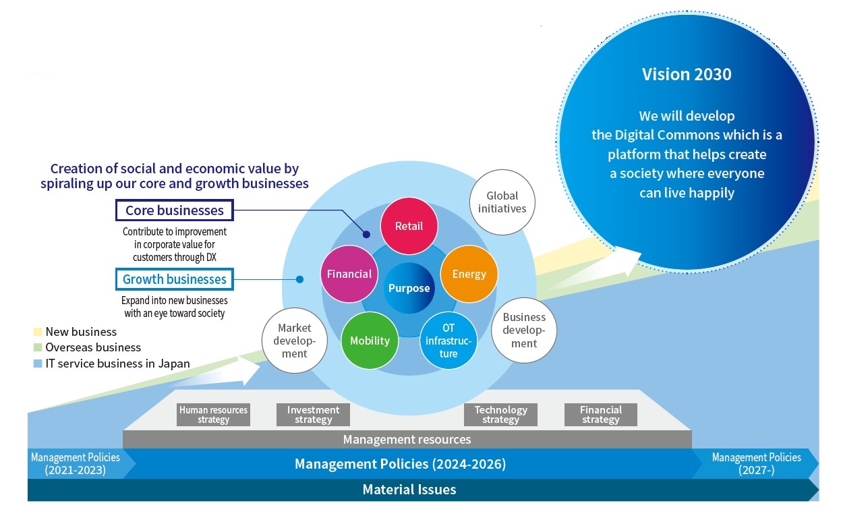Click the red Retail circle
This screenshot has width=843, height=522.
click(x=409, y=226)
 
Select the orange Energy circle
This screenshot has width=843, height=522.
click(x=469, y=274)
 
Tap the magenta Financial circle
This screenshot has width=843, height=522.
click(x=349, y=274)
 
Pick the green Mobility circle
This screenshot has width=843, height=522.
click(x=370, y=341)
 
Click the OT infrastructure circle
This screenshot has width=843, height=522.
click(x=448, y=341)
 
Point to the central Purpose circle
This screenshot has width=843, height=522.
click(x=409, y=288)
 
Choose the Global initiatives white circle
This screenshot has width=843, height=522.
click(x=502, y=202)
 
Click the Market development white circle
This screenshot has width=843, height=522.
click(x=294, y=341)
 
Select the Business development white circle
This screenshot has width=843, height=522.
click(x=524, y=330)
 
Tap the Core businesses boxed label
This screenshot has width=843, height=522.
click(x=174, y=210)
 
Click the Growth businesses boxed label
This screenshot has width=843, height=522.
click(x=174, y=279)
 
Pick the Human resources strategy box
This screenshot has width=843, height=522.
click(x=213, y=415)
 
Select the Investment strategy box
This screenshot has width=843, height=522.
click(x=313, y=415)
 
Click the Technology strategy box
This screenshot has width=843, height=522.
click(x=500, y=415)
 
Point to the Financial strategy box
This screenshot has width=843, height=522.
click(x=601, y=415)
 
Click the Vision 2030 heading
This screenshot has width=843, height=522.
click(x=687, y=74)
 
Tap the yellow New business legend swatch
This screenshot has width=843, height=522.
click(x=38, y=332)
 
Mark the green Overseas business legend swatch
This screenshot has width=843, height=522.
click(x=38, y=347)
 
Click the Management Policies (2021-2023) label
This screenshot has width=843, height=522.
click(x=76, y=464)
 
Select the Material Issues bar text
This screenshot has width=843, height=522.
click(x=409, y=490)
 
